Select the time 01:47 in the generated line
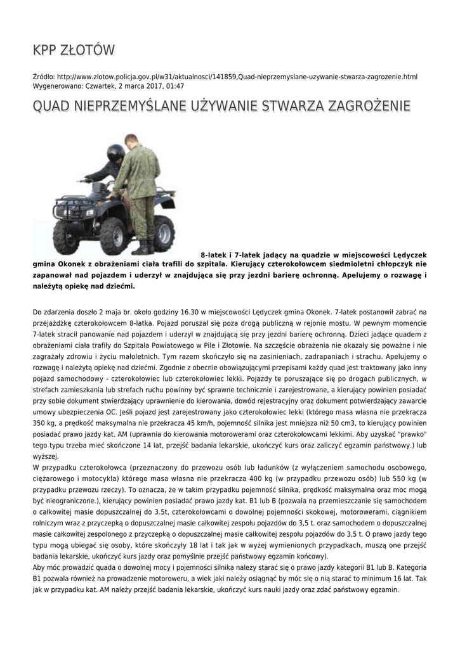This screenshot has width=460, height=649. pos(175,86)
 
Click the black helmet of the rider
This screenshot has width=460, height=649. pos(116,153)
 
